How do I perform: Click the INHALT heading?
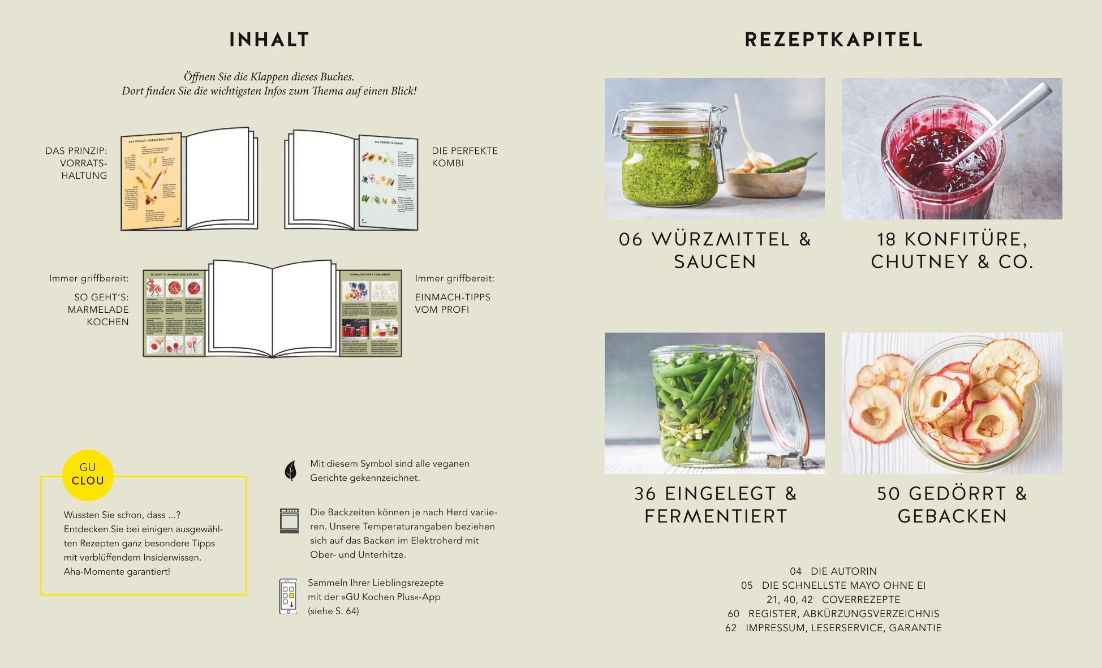[269, 40]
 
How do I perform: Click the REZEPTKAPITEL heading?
[833, 40]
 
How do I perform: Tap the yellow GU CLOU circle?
[88, 475]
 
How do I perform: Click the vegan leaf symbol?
[290, 471]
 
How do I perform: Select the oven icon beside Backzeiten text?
[289, 520]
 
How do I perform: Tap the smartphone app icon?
[288, 596]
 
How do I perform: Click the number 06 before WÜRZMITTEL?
[631, 239]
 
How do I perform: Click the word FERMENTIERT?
[716, 516]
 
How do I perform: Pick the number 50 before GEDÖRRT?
[889, 494]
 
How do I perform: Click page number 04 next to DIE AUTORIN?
[795, 571]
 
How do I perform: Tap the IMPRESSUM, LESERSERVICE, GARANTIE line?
[843, 628]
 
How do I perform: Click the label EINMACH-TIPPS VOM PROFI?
[452, 303]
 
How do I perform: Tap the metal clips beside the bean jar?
[789, 461]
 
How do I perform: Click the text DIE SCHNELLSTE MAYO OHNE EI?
[843, 585]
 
